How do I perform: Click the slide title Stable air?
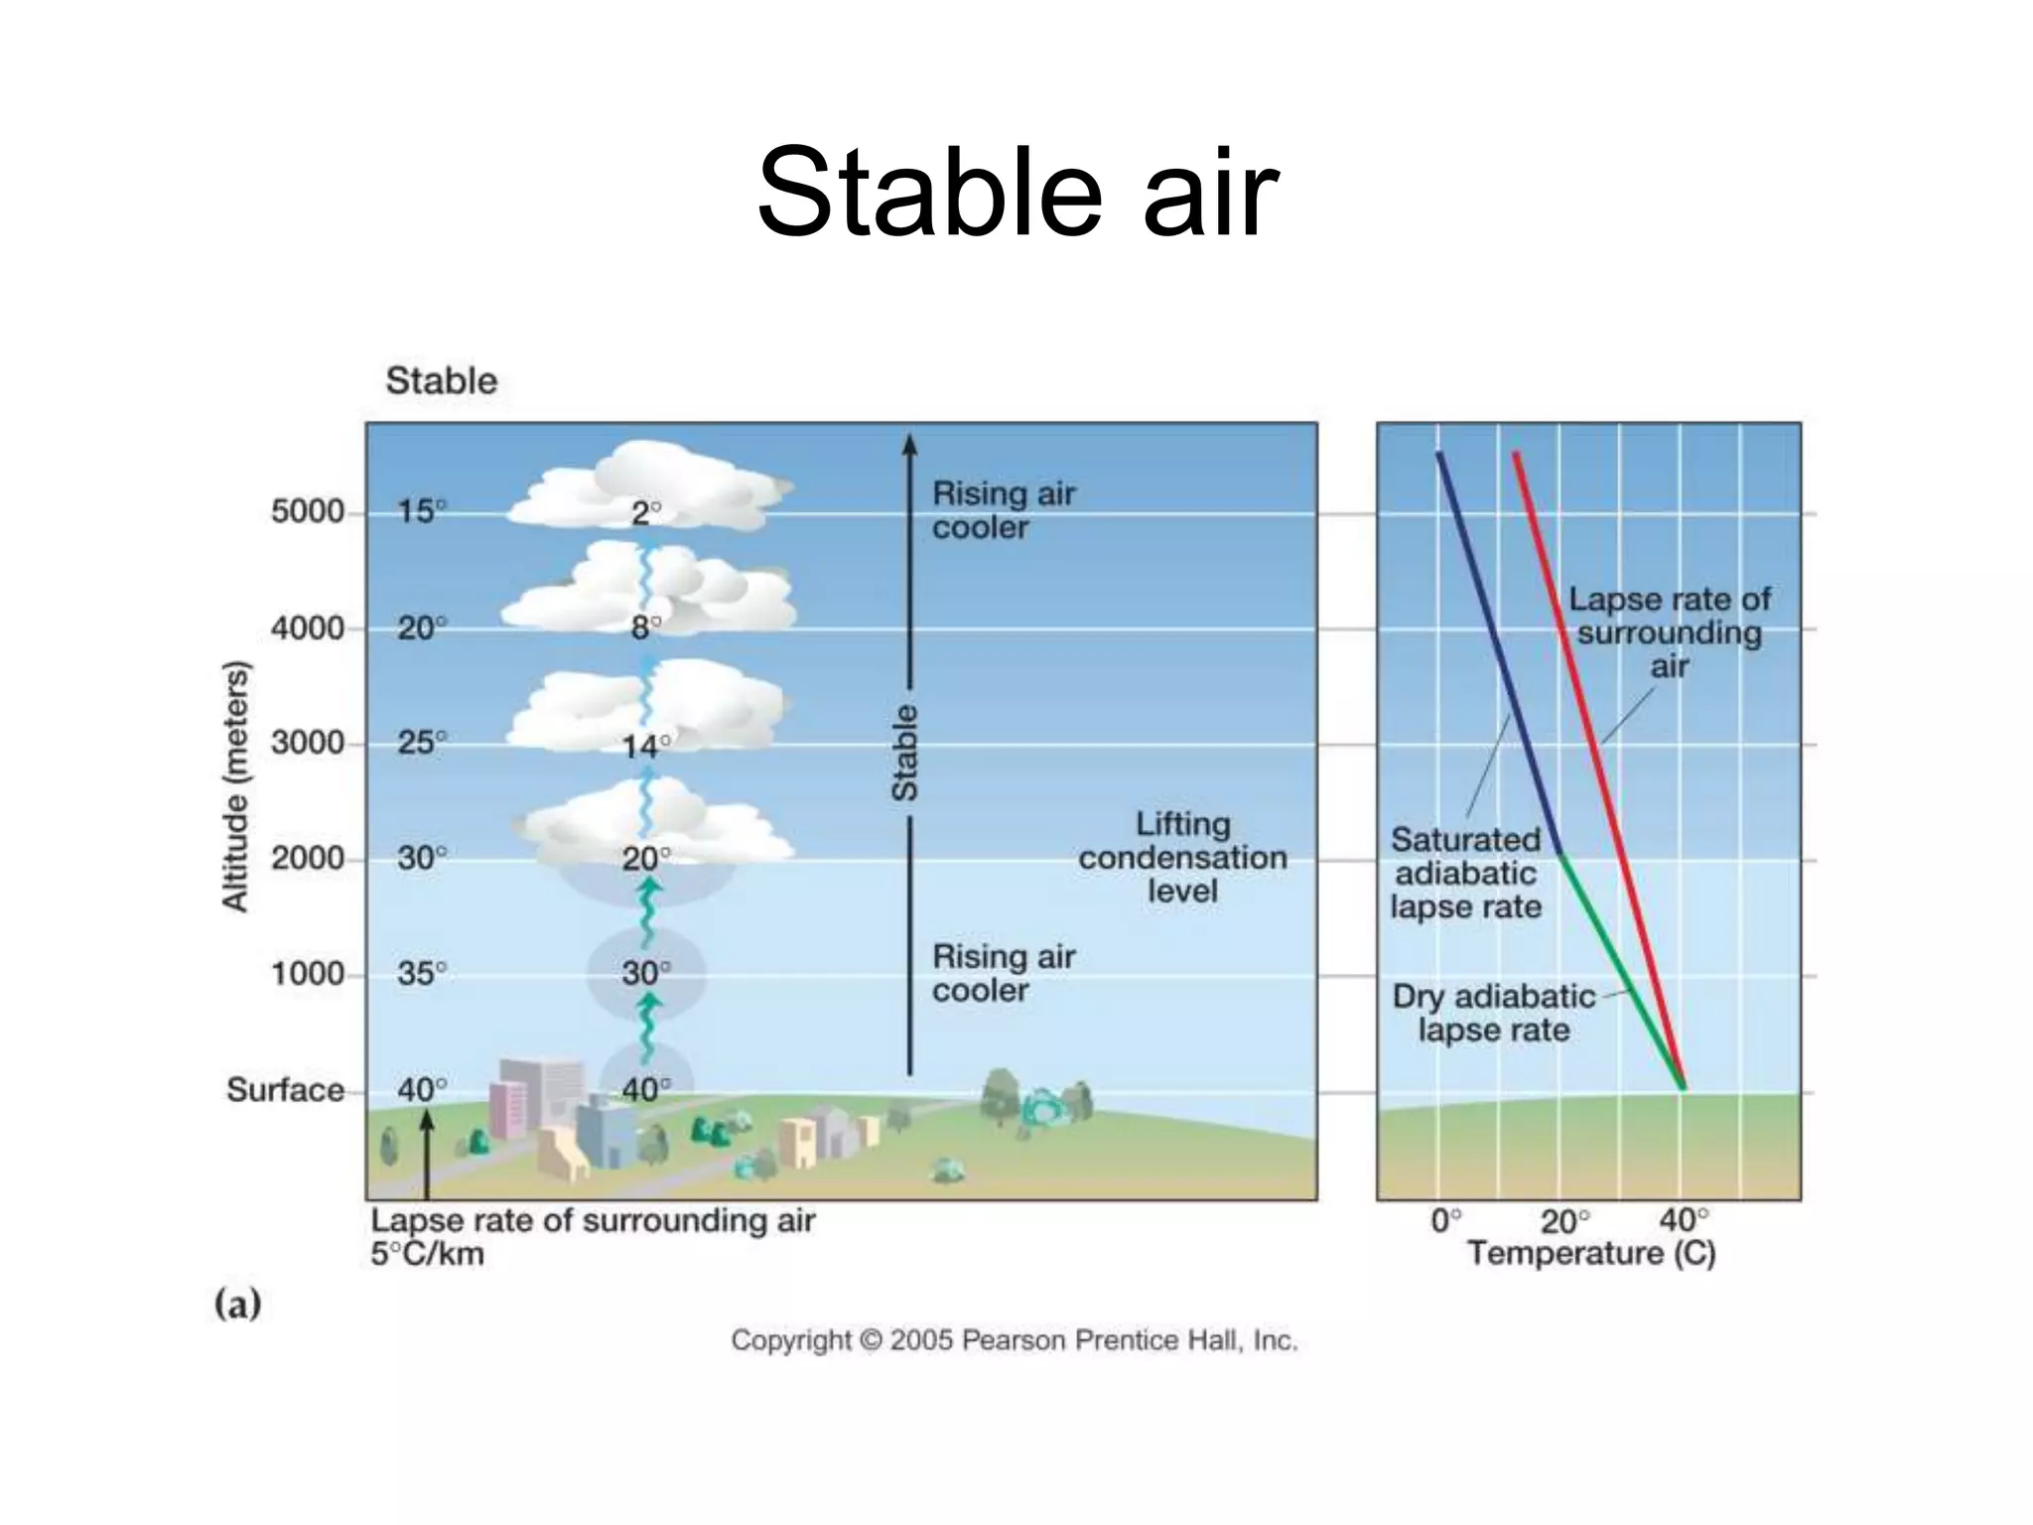[1016, 194]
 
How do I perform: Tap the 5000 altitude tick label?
[307, 512]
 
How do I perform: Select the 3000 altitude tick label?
[307, 743]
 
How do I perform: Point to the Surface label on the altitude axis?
[285, 1090]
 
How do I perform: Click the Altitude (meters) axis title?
[234, 785]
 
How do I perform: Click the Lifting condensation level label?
[1182, 857]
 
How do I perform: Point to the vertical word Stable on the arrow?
[904, 753]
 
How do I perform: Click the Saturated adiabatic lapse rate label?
[1465, 874]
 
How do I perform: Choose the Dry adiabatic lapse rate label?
[1494, 1013]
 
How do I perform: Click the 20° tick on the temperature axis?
[1563, 1221]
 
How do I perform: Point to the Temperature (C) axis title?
[1591, 1254]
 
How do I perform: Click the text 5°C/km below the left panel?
[427, 1255]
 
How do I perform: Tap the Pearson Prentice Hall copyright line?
[1015, 1341]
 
